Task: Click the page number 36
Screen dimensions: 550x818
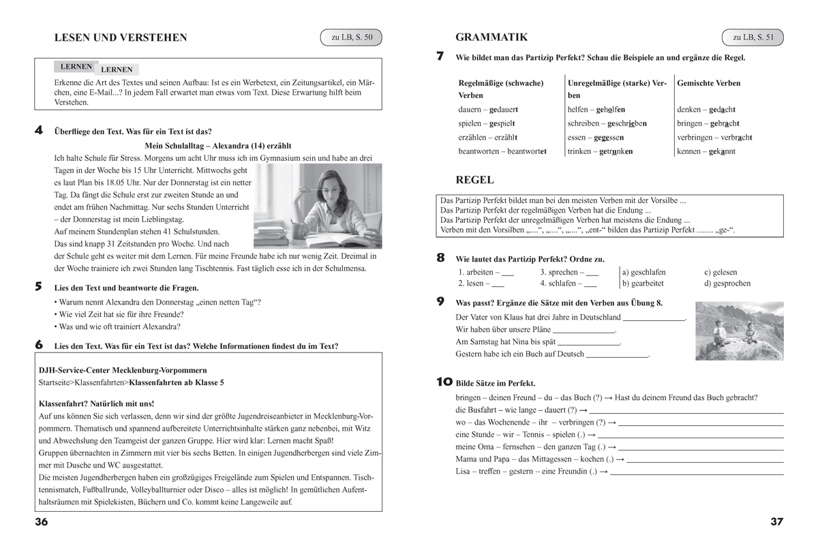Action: click(x=42, y=521)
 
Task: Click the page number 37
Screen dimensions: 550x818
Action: click(x=776, y=521)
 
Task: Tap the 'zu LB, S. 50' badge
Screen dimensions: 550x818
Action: click(x=352, y=38)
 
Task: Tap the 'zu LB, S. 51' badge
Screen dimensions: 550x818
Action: click(x=753, y=38)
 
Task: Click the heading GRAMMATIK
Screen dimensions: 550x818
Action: click(x=491, y=37)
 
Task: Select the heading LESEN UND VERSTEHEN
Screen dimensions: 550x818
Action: click(x=120, y=38)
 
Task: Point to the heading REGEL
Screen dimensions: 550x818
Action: click(x=474, y=181)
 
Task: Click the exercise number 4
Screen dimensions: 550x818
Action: click(x=40, y=130)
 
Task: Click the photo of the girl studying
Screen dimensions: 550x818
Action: click(x=318, y=206)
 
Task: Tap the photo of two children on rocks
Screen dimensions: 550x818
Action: click(x=739, y=331)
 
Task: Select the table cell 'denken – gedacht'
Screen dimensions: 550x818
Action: click(x=706, y=110)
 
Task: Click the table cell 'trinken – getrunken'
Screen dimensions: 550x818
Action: click(x=600, y=151)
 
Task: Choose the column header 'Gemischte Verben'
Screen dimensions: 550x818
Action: click(x=708, y=83)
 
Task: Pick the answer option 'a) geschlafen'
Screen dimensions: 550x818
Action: click(x=644, y=272)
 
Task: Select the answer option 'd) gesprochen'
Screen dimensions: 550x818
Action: click(x=727, y=284)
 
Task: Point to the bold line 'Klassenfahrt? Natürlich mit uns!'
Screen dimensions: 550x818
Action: click(x=97, y=403)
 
